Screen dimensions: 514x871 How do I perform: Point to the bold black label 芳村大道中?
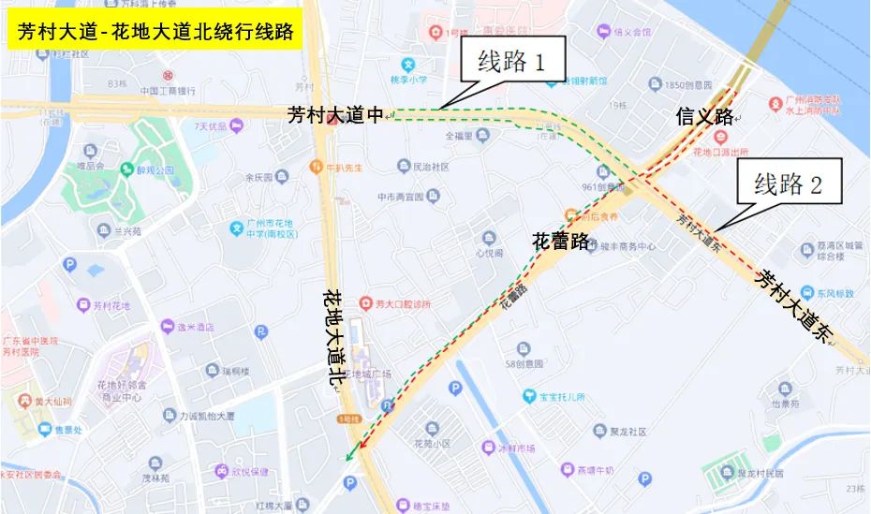pyautogui.click(x=335, y=115)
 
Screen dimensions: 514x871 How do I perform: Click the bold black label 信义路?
pyautogui.click(x=704, y=117)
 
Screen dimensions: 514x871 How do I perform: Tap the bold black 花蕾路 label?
pyautogui.click(x=560, y=241)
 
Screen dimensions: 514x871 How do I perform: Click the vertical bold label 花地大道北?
pyautogui.click(x=334, y=337)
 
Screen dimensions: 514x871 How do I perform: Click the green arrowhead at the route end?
pyautogui.click(x=350, y=455)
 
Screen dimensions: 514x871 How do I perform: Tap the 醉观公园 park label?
pyautogui.click(x=155, y=170)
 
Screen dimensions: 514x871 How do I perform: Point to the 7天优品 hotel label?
pyautogui.click(x=211, y=125)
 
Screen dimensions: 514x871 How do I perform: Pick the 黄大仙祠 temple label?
pyautogui.click(x=55, y=403)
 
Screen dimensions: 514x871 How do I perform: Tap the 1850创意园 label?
pyautogui.click(x=688, y=85)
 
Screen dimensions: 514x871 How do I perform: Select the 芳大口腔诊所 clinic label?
pyautogui.click(x=403, y=303)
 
